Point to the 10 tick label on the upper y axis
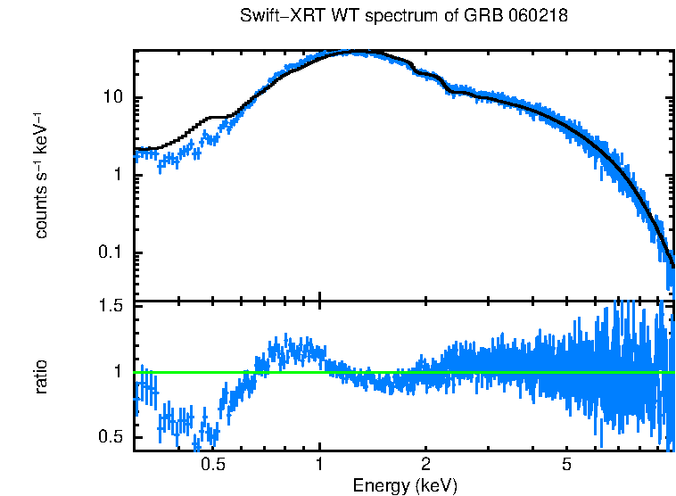click(x=113, y=97)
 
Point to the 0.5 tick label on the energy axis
click(x=212, y=465)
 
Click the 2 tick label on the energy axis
click(x=426, y=465)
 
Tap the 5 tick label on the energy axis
click(x=566, y=465)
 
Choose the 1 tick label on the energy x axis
click(x=319, y=465)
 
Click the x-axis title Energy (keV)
click(x=404, y=485)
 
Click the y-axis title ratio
click(x=41, y=376)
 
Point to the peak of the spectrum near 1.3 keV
click(x=357, y=52)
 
